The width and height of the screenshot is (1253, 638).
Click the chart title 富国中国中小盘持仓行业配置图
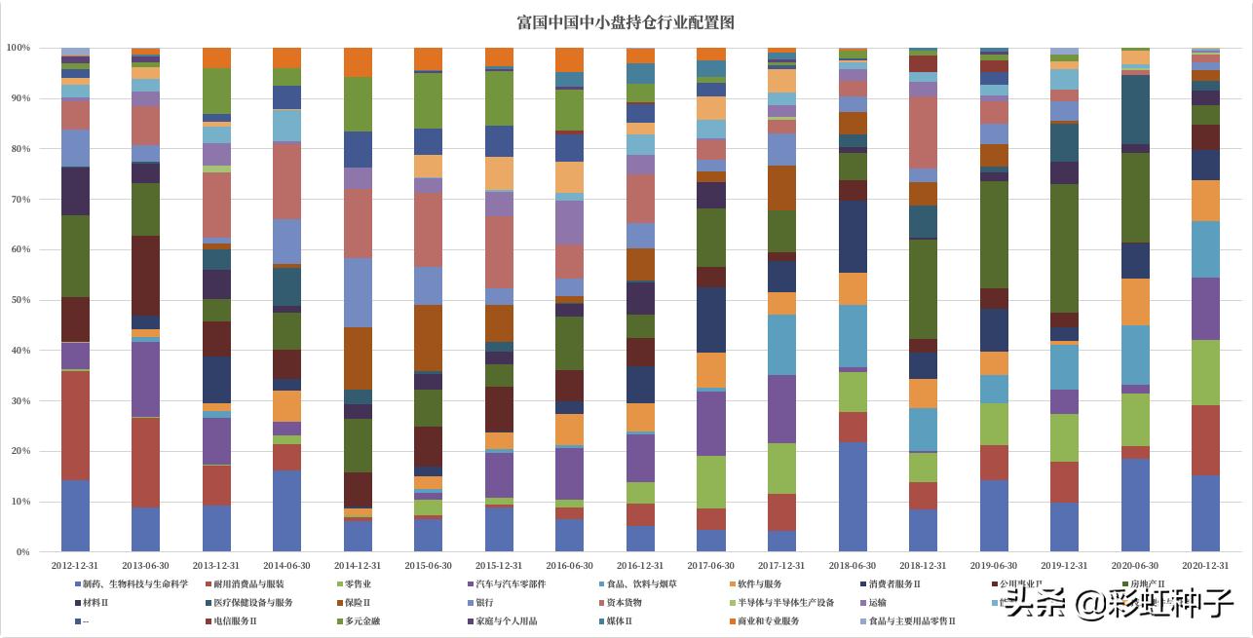(x=626, y=21)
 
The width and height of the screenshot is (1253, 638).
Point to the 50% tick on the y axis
(x=19, y=300)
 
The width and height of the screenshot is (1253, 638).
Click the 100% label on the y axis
(x=18, y=48)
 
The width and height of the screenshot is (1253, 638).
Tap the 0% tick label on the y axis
(x=22, y=552)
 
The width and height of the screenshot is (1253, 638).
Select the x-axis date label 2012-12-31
(x=75, y=565)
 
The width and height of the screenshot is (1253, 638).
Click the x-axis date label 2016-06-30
(x=569, y=565)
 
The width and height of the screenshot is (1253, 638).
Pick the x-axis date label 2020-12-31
(x=1205, y=565)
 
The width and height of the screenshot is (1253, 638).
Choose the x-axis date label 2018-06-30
(x=853, y=565)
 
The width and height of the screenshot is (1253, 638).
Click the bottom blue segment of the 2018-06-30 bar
(x=852, y=497)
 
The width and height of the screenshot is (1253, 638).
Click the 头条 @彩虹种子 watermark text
(x=1120, y=605)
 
